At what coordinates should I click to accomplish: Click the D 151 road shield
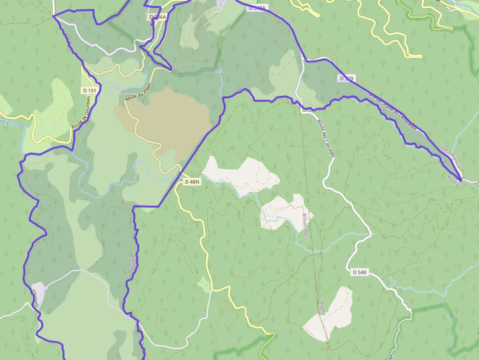[x=89, y=90]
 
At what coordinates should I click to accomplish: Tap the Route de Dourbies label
[x=82, y=112]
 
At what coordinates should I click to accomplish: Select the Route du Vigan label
[x=138, y=91]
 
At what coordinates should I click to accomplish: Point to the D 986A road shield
[x=157, y=17]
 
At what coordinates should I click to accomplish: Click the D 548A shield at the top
[x=257, y=8]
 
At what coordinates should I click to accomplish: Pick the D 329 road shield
[x=347, y=78]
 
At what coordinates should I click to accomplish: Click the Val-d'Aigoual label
[x=451, y=158]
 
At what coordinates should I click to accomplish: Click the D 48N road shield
[x=192, y=182]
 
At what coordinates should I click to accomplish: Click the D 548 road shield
[x=359, y=272]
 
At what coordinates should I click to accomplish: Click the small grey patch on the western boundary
[x=39, y=292]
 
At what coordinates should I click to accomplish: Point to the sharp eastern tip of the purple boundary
[x=461, y=180]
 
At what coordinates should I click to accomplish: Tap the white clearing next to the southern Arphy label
[x=332, y=315]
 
